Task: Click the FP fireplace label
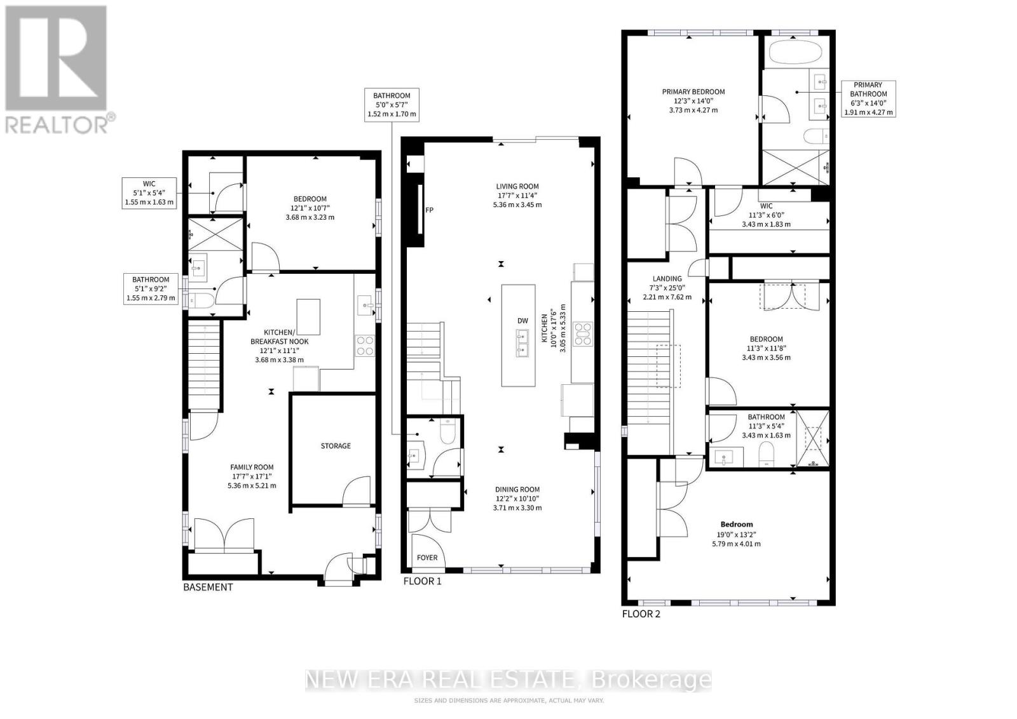(x=429, y=210)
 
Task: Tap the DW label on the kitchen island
(x=522, y=321)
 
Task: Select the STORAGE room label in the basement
(x=336, y=446)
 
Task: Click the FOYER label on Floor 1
(x=427, y=558)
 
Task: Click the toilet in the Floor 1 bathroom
(x=447, y=431)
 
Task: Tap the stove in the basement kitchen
(x=365, y=346)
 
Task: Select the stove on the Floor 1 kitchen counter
(x=582, y=334)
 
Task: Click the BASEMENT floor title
(x=208, y=587)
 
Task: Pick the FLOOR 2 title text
(x=641, y=614)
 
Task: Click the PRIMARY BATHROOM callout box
(x=868, y=99)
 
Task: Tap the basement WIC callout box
(x=149, y=193)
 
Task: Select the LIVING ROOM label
(x=517, y=186)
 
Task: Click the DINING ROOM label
(x=517, y=490)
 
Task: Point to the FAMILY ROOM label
(x=252, y=467)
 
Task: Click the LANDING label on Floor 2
(x=667, y=279)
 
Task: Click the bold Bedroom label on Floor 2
(x=736, y=525)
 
